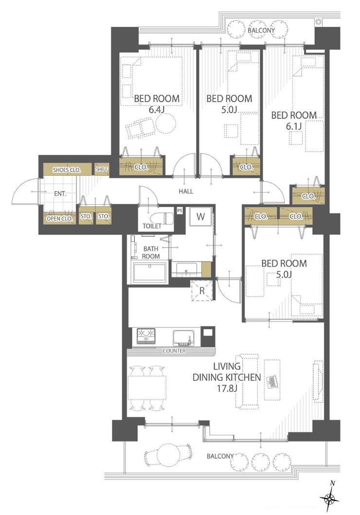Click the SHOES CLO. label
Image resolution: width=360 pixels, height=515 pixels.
(67, 170)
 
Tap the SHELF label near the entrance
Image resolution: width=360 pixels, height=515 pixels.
(102, 169)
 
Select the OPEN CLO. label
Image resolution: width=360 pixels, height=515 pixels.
(59, 218)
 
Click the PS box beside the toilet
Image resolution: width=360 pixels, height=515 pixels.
(180, 211)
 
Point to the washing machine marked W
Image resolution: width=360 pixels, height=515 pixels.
(201, 216)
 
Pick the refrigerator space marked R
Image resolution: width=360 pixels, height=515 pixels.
(202, 290)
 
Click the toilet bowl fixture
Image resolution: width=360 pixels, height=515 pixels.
(162, 218)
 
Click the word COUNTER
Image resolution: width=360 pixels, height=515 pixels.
(174, 351)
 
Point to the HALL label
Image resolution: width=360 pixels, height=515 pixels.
(186, 191)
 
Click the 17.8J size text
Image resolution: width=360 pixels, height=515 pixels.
(227, 389)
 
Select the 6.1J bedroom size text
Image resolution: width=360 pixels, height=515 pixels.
(294, 126)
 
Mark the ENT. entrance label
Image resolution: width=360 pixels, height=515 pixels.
(60, 194)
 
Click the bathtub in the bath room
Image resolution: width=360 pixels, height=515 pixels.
(149, 272)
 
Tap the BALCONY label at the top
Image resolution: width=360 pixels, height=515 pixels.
(261, 30)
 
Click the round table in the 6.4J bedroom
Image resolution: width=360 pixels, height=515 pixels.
(166, 123)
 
